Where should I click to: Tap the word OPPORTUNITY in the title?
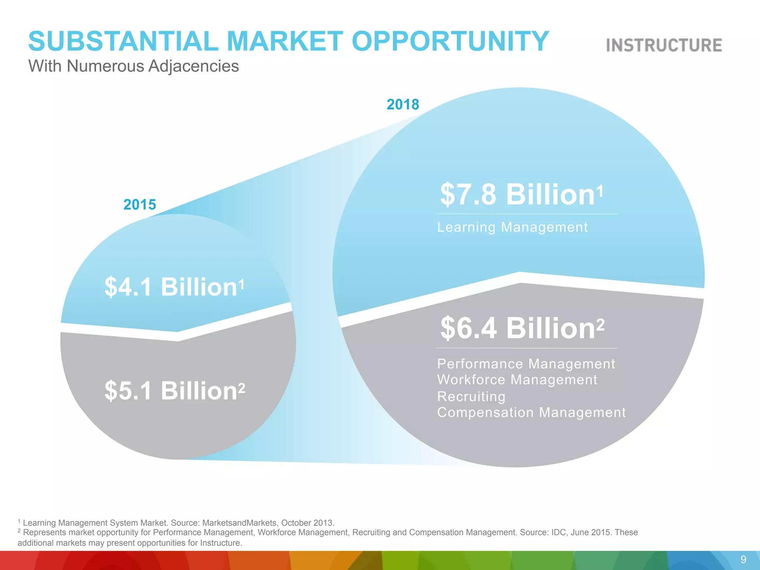(x=450, y=41)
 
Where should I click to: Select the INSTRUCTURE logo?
(x=664, y=45)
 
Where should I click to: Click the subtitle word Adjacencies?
(x=193, y=66)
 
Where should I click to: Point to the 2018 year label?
(x=403, y=104)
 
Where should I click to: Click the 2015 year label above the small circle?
(x=140, y=204)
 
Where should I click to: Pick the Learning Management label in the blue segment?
(x=512, y=227)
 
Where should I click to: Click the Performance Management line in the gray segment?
(x=526, y=364)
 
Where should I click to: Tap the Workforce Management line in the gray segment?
(x=517, y=380)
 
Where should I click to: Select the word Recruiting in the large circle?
(x=471, y=396)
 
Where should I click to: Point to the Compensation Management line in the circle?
(x=531, y=412)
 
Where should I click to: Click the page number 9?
(x=743, y=559)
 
